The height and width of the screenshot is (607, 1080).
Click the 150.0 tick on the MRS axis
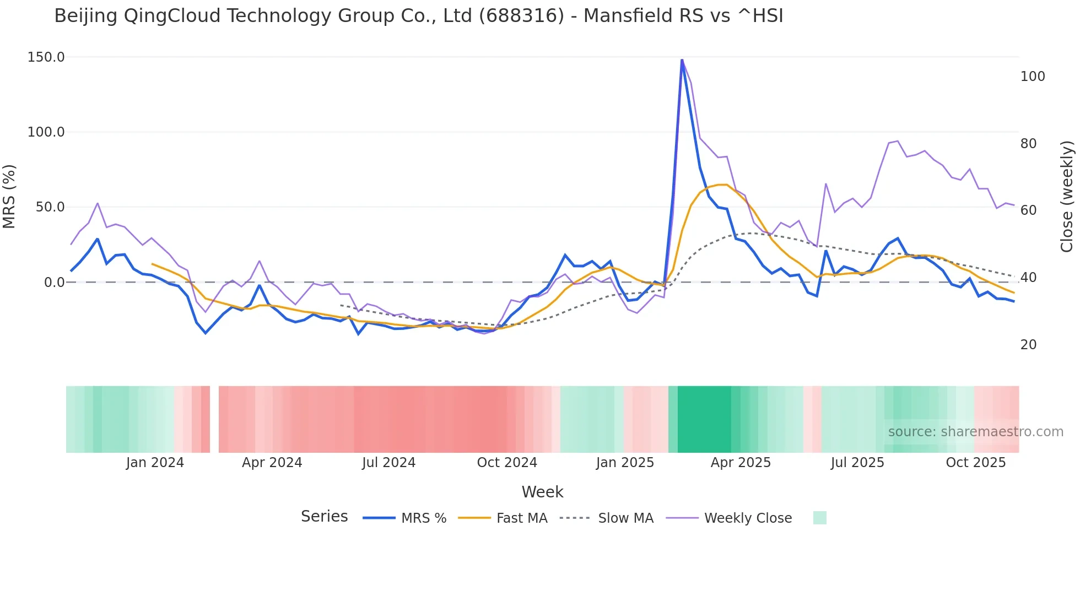coord(46,57)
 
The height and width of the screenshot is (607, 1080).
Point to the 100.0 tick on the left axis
coord(46,132)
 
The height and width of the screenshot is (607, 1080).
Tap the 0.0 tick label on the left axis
coord(54,283)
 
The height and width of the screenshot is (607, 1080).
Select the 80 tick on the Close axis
coord(1028,144)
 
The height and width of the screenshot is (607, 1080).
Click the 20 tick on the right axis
coord(1028,345)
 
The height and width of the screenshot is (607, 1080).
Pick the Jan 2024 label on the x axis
coord(155,463)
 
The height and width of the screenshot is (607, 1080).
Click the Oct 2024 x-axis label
coord(507,463)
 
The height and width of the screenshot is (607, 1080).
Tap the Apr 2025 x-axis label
coord(741,463)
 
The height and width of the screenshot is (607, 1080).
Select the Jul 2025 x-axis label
coord(857,463)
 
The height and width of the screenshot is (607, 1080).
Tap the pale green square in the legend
coord(819,518)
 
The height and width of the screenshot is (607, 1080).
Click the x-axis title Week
coord(542,492)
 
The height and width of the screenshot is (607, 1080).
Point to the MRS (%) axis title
coord(9,197)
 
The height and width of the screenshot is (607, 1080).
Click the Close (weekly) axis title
coord(1067,197)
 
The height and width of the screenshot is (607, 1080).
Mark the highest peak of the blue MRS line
coord(682,59)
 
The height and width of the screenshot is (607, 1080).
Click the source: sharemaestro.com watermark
coord(975,432)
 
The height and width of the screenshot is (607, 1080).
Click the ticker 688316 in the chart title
coord(521,16)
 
